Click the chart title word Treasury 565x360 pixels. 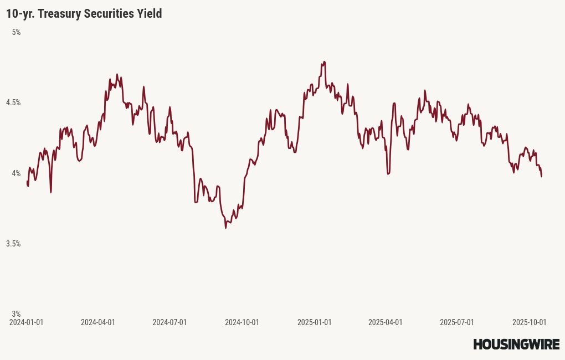pos(61,14)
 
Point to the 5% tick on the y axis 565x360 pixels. pos(17,32)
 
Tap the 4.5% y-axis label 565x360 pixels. pos(13,102)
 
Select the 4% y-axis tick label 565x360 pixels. pos(17,173)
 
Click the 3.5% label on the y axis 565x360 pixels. pos(13,244)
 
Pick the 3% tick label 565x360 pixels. pos(17,313)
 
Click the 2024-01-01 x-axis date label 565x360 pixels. pos(27,322)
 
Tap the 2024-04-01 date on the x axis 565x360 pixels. pos(98,322)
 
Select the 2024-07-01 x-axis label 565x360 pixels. pos(169,322)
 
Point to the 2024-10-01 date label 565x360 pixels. pos(242,322)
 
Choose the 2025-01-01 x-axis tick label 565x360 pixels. pos(314,322)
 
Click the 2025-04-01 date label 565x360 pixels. pos(385,322)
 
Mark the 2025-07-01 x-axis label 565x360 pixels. pos(457,322)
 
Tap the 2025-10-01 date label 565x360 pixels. pos(530,322)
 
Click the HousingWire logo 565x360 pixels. pos(516,344)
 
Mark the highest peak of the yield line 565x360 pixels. pos(324,61)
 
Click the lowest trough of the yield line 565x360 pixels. pos(225,228)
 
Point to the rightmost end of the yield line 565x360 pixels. pos(541,176)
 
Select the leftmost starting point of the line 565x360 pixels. pos(27,181)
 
